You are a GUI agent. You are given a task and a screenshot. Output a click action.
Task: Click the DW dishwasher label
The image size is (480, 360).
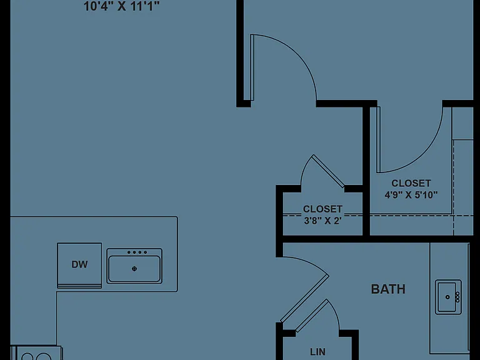(x=79, y=264)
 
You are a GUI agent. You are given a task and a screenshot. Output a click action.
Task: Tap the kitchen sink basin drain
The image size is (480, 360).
(x=134, y=269)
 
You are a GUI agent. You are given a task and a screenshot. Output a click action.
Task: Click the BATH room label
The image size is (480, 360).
(x=388, y=289)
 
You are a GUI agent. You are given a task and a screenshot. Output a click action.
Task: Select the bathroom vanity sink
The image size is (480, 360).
(x=449, y=297)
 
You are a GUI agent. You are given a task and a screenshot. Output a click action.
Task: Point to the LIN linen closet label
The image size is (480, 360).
(x=317, y=352)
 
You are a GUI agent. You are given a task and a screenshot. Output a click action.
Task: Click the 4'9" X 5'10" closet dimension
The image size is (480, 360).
(x=411, y=195)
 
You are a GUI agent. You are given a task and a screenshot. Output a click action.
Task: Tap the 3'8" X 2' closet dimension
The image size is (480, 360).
(x=322, y=221)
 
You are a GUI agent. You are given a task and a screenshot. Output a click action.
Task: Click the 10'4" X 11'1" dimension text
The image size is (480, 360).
(x=122, y=6)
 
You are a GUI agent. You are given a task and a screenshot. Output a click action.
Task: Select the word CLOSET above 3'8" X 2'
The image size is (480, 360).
(x=322, y=209)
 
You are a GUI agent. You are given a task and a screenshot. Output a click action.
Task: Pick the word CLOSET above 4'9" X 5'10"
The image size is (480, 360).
(x=411, y=183)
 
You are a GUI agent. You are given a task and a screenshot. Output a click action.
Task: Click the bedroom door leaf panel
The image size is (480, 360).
(x=252, y=67)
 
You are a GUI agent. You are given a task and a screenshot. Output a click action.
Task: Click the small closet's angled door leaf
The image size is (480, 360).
(x=328, y=171)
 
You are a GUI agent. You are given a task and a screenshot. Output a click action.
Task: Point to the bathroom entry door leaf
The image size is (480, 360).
(x=304, y=299)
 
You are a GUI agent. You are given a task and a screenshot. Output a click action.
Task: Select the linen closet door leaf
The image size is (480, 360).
(x=312, y=316)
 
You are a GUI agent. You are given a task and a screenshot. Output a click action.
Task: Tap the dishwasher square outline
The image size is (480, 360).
(x=79, y=266)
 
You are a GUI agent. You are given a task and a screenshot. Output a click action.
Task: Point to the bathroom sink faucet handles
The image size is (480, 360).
(x=457, y=297)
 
